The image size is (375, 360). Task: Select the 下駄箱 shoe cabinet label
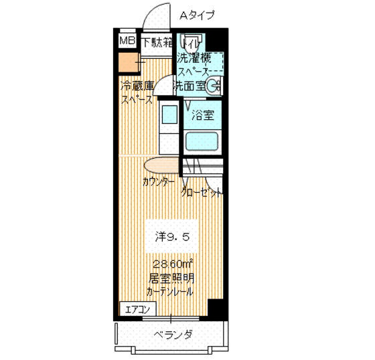pos(157,43)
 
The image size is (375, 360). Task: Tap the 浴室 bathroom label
pos(203,114)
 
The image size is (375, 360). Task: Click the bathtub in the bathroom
pos(203,141)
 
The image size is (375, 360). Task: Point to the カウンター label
pos(159,182)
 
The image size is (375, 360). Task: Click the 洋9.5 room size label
pos(175,236)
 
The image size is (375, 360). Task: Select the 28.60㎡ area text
pos(172,263)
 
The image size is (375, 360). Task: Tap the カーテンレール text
pos(171,291)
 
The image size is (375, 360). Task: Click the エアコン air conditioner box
pos(138,308)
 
